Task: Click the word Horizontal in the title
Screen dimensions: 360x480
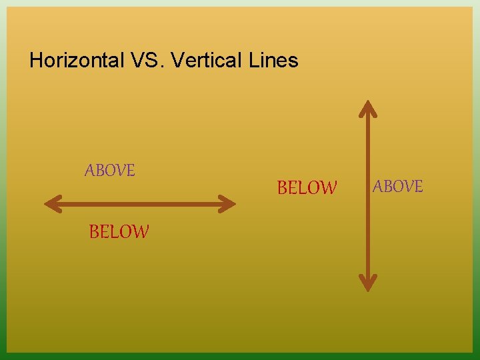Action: (76, 61)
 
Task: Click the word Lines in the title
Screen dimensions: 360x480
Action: (273, 61)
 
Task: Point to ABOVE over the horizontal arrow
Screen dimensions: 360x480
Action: (110, 171)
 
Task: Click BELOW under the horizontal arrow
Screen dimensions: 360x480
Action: (119, 232)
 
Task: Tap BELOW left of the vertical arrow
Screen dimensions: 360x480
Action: (307, 189)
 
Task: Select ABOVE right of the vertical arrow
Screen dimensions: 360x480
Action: (398, 187)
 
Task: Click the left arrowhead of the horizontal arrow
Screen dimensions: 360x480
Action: (51, 203)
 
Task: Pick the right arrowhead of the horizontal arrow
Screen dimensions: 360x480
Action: (229, 203)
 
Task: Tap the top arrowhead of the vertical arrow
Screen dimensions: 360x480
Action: (368, 108)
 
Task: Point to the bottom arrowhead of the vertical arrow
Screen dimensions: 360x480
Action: (368, 283)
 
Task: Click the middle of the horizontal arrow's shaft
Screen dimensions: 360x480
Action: (140, 203)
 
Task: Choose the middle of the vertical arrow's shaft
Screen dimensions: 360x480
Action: (368, 195)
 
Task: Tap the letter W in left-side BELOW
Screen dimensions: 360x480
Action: (141, 232)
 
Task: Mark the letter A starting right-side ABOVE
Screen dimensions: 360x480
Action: (378, 187)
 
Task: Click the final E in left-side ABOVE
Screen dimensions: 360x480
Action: (131, 171)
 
